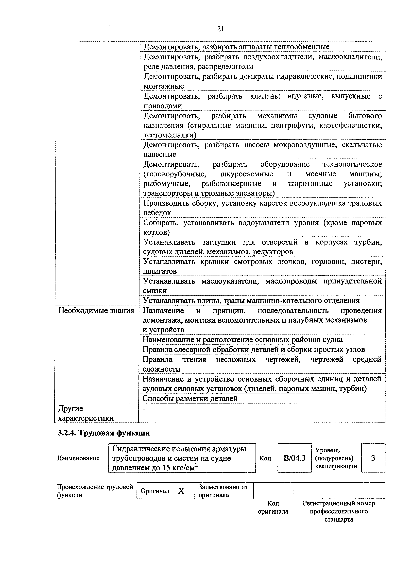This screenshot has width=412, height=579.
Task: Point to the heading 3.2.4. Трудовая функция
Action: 104,433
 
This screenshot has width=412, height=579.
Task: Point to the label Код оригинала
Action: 273,507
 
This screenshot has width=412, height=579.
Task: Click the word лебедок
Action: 157,213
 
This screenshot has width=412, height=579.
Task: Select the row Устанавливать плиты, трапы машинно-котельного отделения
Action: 251,300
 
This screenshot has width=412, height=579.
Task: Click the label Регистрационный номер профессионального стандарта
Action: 339,511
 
